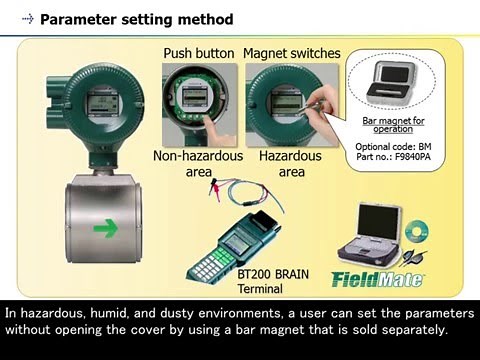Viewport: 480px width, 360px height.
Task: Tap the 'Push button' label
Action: [x=199, y=53]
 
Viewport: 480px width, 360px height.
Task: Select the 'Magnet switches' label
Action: [x=292, y=53]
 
